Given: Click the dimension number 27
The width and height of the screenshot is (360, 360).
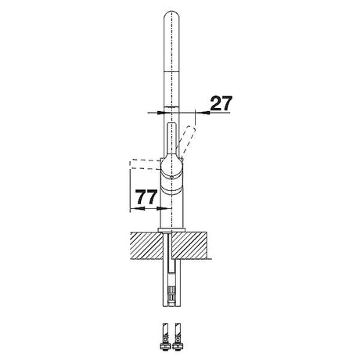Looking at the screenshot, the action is (221, 103).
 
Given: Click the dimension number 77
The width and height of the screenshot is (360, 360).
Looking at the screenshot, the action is (146, 197).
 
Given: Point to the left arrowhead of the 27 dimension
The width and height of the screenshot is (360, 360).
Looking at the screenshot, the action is (160, 113).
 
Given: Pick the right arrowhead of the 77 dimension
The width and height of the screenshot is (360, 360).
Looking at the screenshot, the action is (164, 208).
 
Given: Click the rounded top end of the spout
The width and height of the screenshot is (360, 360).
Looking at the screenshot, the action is (171, 14).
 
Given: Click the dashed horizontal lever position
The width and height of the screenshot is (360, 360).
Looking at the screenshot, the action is (145, 164).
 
